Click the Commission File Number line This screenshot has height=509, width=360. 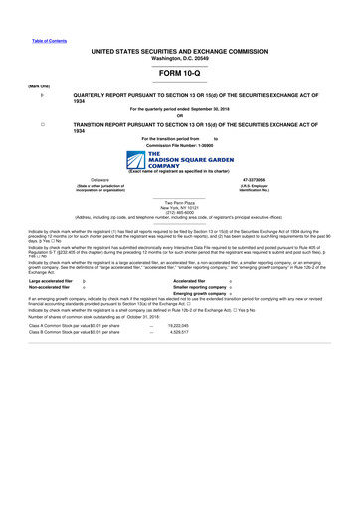tap(179, 144)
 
